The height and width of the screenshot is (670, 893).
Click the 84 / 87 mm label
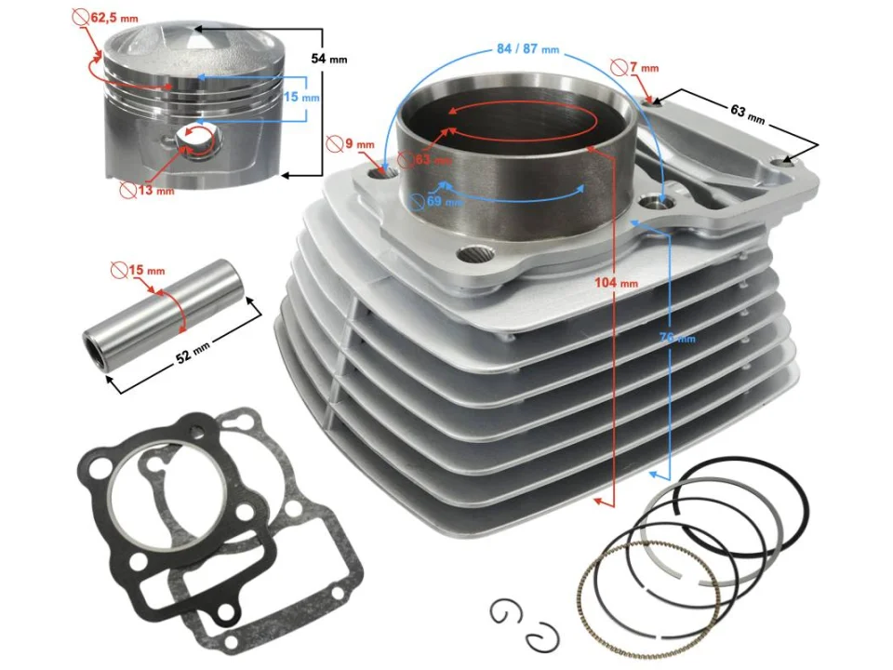527,48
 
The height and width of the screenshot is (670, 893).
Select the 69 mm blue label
444,200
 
